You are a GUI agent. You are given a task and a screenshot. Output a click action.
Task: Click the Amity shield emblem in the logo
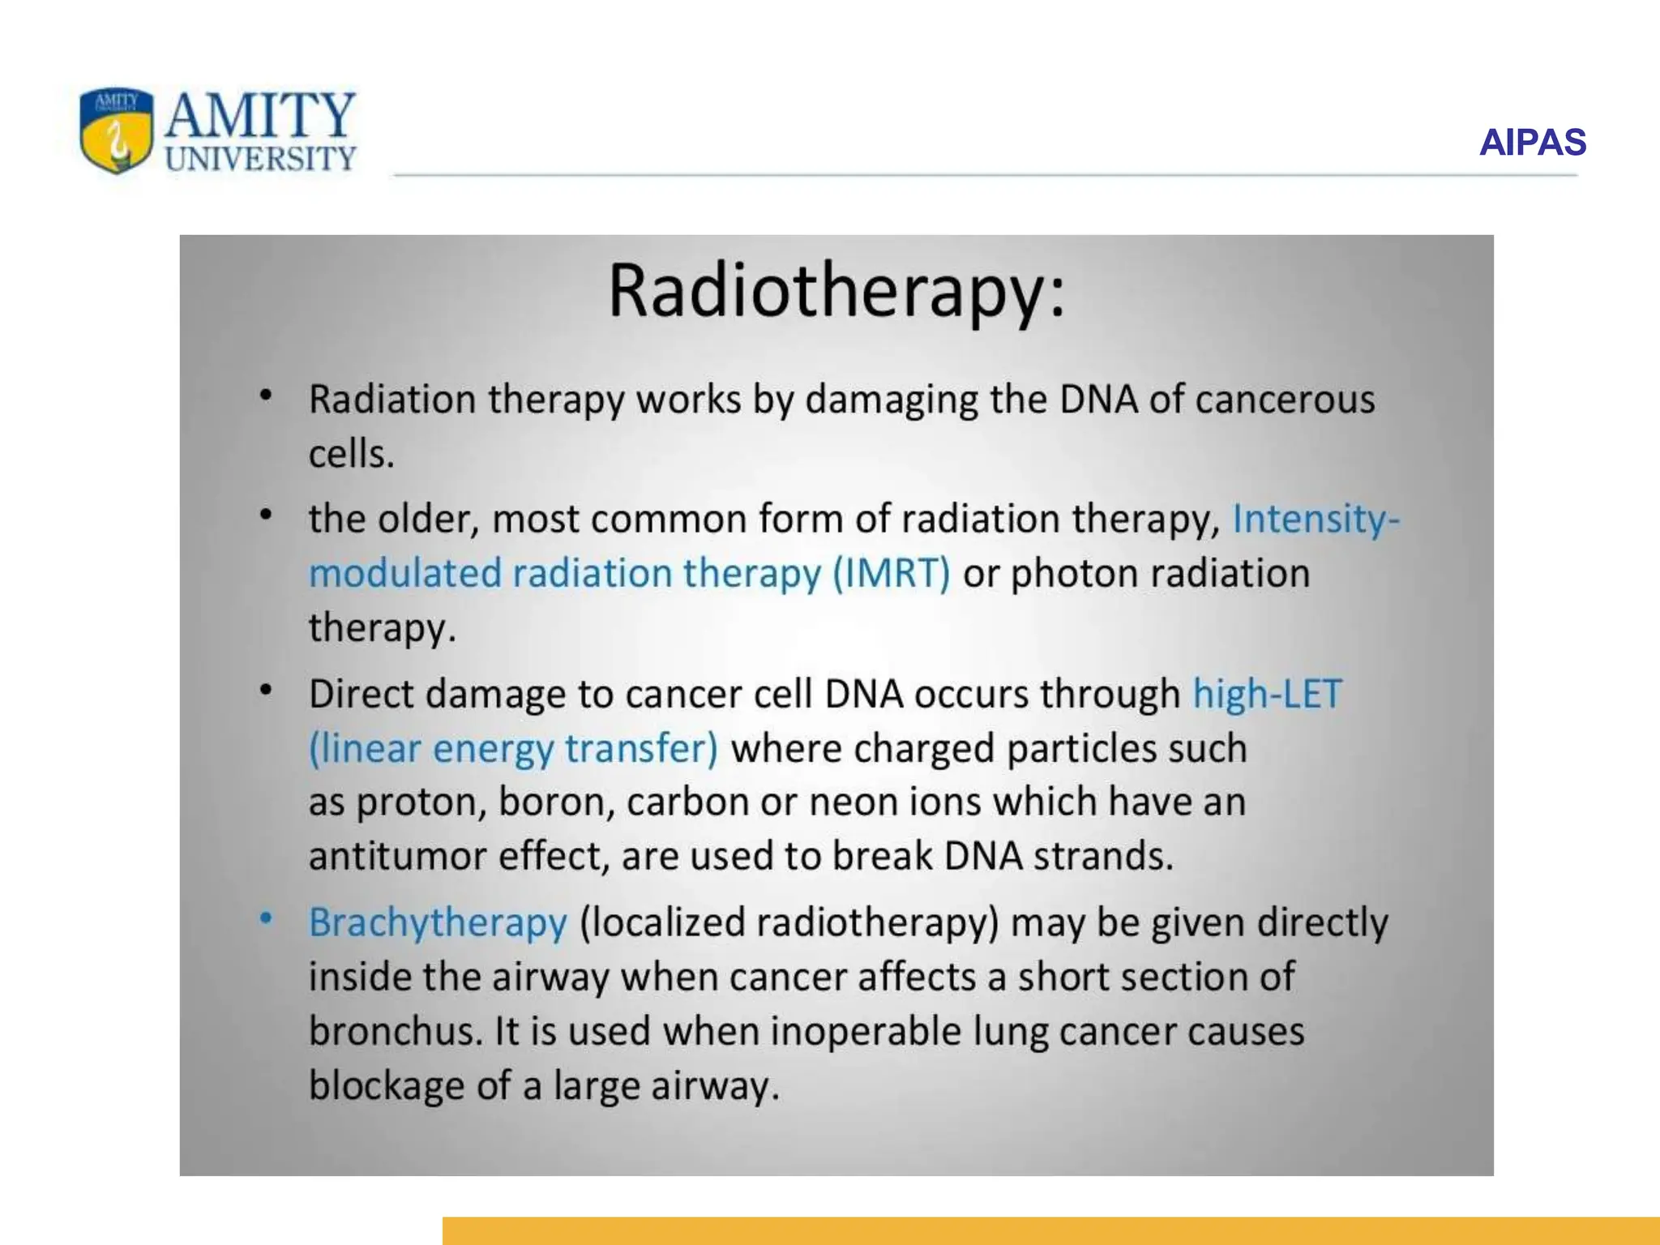click(117, 130)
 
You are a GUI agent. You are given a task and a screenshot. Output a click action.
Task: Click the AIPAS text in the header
click(1532, 143)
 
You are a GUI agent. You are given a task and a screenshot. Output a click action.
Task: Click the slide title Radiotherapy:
click(836, 292)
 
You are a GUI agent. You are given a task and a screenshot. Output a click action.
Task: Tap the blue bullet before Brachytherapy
click(266, 919)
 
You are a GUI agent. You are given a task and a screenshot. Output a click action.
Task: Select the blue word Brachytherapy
click(438, 923)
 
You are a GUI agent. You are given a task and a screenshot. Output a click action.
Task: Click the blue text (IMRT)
click(892, 573)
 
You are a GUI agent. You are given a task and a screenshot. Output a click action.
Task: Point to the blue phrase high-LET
click(1267, 694)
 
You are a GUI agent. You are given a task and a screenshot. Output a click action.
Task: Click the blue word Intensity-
click(1316, 519)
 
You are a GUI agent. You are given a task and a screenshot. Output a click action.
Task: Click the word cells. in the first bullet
click(351, 454)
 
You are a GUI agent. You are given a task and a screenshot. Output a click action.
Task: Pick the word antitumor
click(397, 856)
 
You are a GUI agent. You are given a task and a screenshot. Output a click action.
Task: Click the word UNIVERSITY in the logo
click(260, 159)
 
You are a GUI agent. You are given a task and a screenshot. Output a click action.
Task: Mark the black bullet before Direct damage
click(266, 691)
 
